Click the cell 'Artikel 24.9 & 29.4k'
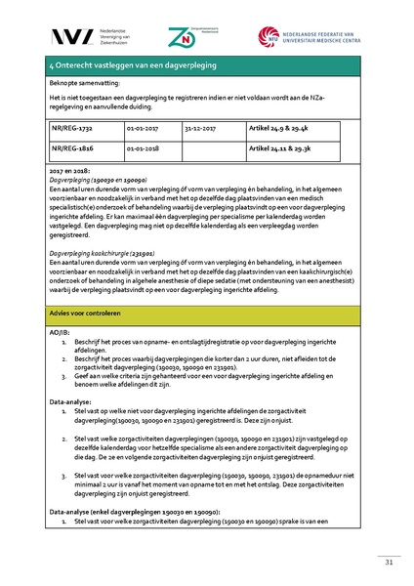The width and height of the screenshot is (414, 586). tap(280, 128)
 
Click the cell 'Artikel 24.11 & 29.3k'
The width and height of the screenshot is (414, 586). tap(282, 150)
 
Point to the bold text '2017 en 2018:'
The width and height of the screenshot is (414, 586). tap(68, 172)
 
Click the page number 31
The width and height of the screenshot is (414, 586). tap(388, 562)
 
